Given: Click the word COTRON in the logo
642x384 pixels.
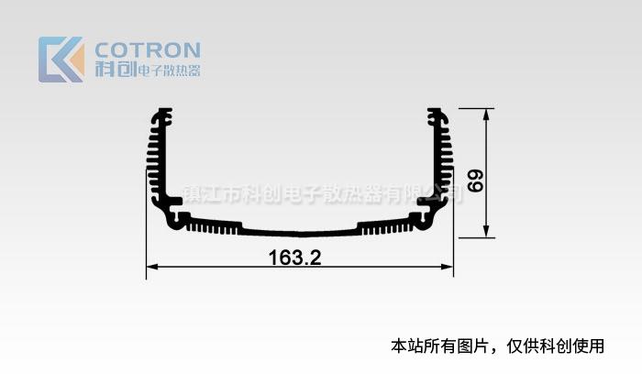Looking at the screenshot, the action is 148,49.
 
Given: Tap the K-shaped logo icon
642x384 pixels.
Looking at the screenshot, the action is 61,60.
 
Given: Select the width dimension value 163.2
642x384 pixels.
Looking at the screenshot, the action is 294,258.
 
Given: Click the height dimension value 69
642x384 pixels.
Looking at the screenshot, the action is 475,181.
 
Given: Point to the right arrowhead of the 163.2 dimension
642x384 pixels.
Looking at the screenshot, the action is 448,267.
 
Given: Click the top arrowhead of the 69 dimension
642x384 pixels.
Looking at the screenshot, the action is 486,115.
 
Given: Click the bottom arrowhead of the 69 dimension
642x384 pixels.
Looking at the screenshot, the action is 486,231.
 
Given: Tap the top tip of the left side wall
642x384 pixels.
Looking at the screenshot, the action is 165,109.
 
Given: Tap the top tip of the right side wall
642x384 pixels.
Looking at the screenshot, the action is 435,109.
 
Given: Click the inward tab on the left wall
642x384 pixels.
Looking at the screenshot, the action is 173,201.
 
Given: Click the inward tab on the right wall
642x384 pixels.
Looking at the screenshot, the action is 426,201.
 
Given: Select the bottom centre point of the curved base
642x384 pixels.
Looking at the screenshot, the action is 301,236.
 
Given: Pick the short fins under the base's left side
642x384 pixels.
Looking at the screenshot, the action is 212,226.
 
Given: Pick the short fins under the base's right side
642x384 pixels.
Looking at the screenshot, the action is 386,226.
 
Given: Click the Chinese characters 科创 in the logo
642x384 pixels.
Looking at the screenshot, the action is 116,70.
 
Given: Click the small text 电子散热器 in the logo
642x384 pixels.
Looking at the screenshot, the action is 169,71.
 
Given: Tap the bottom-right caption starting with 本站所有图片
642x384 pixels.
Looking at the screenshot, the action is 497,346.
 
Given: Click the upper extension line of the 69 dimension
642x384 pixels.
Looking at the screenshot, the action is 476,109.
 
